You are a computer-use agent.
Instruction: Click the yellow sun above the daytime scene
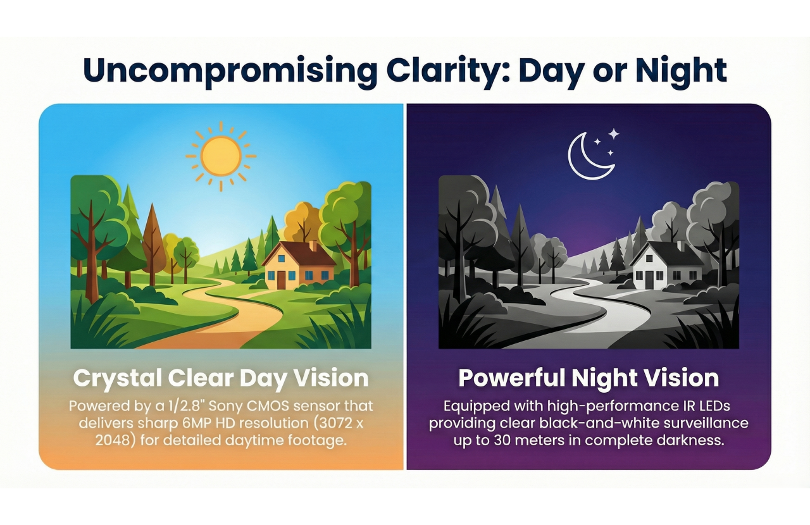(x=221, y=156)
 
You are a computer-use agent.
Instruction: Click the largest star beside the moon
(x=613, y=134)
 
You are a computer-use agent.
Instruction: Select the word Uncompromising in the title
(x=230, y=71)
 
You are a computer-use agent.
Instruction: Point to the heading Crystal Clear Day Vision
(x=221, y=378)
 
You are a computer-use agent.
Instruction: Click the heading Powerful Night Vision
(x=589, y=378)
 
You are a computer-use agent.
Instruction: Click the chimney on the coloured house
(x=313, y=245)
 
